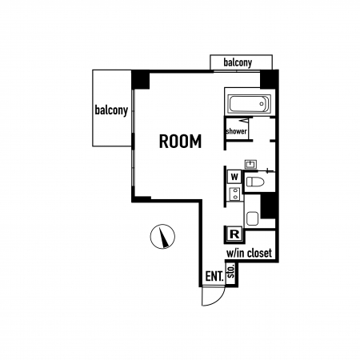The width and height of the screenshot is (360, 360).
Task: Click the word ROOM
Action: tap(180, 142)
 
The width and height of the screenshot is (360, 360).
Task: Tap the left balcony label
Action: tap(111, 110)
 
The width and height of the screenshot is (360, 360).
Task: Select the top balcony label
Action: tap(238, 62)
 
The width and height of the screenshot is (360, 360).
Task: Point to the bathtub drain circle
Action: tap(262, 104)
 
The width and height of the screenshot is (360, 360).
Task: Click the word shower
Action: tap(237, 131)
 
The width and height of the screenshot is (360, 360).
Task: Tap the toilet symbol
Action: tap(255, 182)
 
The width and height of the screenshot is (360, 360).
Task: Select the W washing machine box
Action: tap(234, 177)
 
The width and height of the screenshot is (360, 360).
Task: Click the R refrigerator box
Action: tap(234, 234)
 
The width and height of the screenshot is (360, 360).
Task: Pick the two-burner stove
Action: tap(235, 194)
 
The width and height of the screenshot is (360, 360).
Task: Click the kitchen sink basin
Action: tap(253, 218)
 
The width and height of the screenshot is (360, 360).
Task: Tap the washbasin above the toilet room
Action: tap(250, 164)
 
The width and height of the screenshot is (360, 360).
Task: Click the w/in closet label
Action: tap(249, 253)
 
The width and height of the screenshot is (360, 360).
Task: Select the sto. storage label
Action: tap(231, 270)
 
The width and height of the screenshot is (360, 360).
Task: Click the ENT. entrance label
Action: tap(214, 276)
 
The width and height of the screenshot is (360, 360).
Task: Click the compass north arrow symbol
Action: tap(162, 237)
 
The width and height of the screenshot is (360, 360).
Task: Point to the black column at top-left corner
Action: tap(140, 79)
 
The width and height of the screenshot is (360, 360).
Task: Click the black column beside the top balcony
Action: tap(269, 79)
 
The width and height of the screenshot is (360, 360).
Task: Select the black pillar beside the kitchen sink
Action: tap(268, 206)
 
